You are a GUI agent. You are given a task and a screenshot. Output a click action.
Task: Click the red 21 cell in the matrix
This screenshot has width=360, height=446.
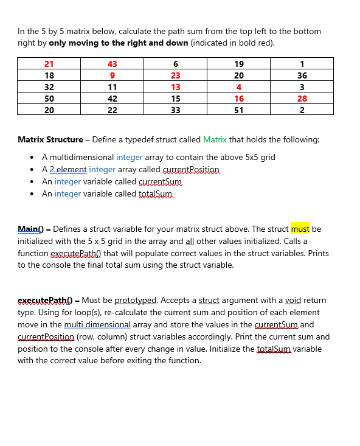(x=49, y=64)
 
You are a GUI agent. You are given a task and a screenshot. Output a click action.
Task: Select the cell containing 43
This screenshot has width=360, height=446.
(x=112, y=64)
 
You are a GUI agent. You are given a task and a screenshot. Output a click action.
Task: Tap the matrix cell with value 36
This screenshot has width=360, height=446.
(x=302, y=75)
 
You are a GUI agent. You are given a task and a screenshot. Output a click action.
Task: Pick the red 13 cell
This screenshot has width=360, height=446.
(x=176, y=87)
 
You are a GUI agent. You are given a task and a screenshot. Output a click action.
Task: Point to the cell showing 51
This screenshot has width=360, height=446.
(x=239, y=110)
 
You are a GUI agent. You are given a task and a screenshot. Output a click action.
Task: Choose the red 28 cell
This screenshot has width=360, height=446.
(x=302, y=99)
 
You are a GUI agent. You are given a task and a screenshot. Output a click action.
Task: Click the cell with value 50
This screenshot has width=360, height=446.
(x=49, y=99)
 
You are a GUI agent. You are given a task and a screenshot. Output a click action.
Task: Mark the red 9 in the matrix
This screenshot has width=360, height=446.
(x=112, y=75)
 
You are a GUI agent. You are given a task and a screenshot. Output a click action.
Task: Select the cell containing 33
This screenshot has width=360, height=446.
(x=176, y=110)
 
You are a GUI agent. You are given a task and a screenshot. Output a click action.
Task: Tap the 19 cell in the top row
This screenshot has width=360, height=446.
(x=239, y=64)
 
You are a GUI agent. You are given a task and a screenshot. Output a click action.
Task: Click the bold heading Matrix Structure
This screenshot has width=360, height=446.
(x=50, y=139)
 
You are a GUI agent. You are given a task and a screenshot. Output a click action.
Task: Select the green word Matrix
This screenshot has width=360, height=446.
(x=215, y=139)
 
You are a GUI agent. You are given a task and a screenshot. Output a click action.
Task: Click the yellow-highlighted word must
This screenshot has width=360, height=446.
(x=300, y=229)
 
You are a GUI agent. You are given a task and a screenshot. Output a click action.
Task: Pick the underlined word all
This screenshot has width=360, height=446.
(x=165, y=241)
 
